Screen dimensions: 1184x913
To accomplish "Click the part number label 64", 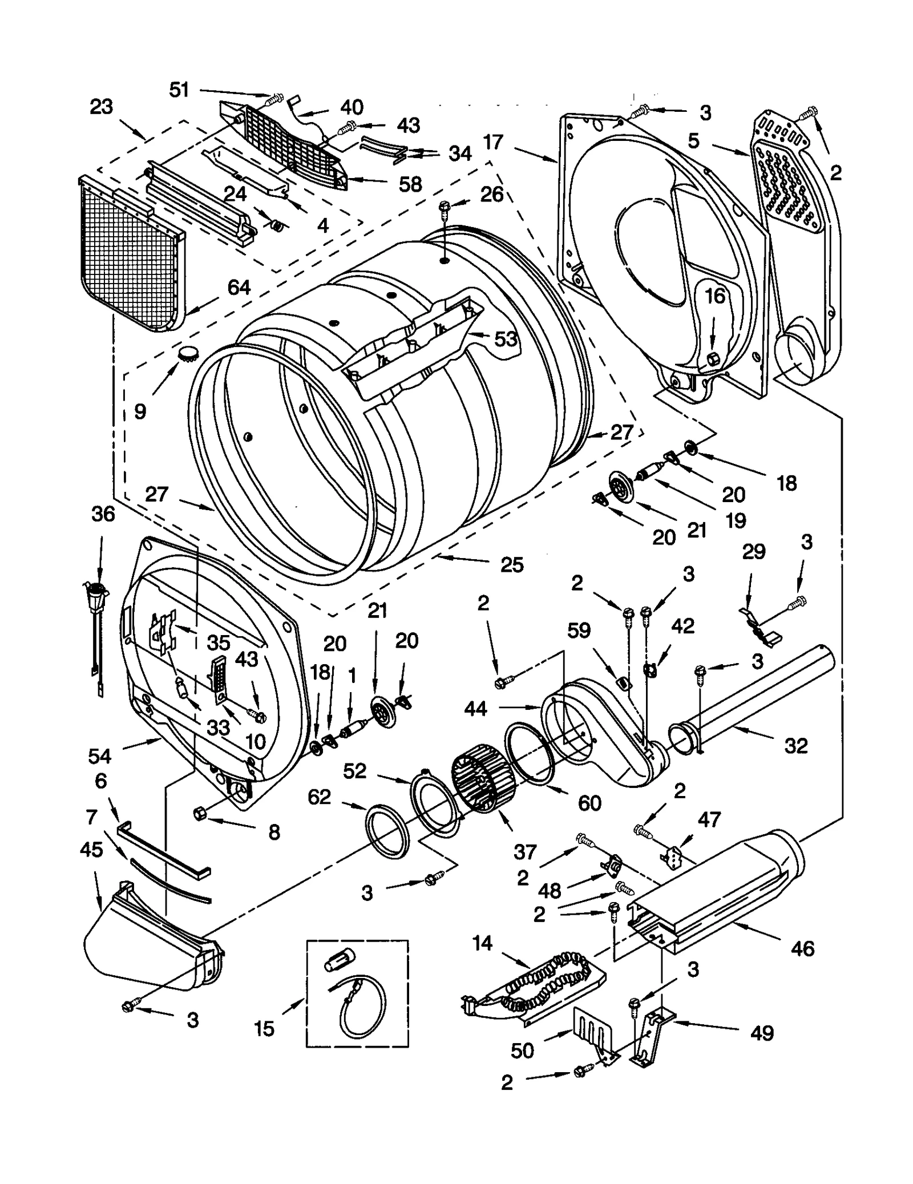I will (239, 287).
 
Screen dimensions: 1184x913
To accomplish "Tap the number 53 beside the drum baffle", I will (506, 339).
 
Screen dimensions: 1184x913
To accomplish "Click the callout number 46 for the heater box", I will (802, 949).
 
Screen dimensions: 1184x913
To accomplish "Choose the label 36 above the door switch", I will (103, 514).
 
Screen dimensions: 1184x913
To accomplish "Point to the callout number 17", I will (493, 142).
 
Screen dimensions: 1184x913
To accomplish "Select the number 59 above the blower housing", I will (579, 631).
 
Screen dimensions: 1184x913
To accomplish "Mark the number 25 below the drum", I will (512, 565).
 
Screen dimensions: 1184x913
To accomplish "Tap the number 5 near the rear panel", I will (693, 140).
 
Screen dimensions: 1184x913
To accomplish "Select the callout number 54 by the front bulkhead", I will (100, 757).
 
